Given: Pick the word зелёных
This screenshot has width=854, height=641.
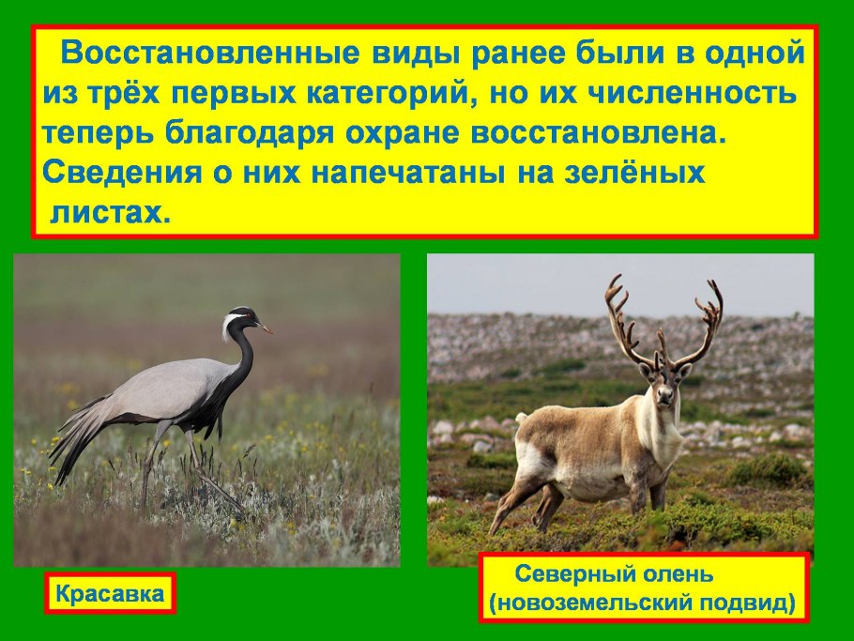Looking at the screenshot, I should tap(639, 174).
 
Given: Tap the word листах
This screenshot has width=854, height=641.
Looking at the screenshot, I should tap(109, 213).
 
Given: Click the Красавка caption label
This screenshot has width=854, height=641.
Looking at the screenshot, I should tap(110, 593).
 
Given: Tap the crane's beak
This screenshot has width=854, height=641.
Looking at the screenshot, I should tap(266, 328).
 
